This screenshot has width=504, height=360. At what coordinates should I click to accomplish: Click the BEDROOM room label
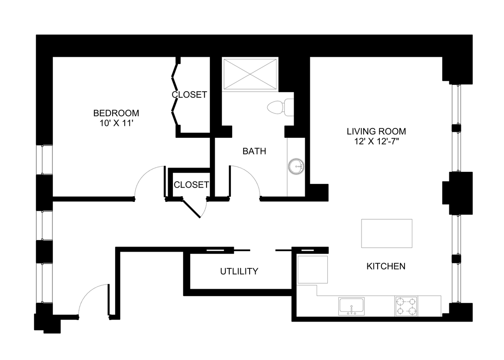point(116,113)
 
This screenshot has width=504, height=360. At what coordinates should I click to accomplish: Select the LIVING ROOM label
point(376,131)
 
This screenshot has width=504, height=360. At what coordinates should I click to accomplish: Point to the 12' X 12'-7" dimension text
point(376,141)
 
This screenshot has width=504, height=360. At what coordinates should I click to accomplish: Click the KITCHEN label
point(386,267)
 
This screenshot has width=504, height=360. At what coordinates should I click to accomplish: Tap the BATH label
point(254,151)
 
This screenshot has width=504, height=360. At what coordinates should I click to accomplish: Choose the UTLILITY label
point(239,271)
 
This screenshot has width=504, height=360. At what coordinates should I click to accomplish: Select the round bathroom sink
point(296,166)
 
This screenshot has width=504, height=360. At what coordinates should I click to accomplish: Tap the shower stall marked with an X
point(250,74)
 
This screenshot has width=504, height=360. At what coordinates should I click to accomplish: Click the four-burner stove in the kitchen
point(406,306)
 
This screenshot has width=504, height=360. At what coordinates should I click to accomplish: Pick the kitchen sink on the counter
point(351,306)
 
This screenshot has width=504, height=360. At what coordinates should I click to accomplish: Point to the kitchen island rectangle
point(387,233)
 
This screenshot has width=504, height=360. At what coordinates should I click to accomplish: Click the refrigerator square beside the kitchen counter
point(312,270)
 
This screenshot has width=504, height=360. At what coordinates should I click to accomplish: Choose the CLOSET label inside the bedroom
point(189,95)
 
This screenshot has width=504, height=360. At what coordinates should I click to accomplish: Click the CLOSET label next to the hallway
point(191,185)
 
